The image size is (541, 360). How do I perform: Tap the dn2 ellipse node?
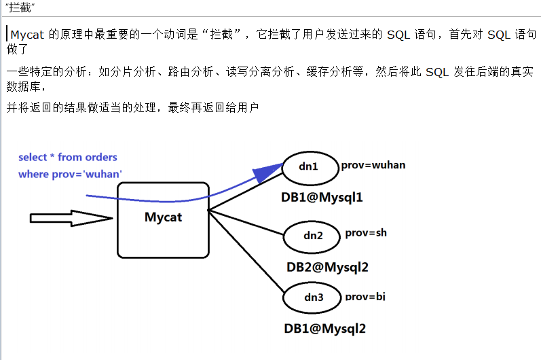coord(313,236)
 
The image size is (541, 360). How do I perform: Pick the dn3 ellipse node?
coord(313,297)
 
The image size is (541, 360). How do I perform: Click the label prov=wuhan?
coord(373,165)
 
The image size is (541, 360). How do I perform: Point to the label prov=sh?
coord(366,233)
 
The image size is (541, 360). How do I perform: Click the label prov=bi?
coord(365,296)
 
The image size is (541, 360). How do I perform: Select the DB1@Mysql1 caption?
coord(322,198)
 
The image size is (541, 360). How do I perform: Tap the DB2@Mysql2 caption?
coord(327,267)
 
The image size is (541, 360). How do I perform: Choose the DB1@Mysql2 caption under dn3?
coord(324,329)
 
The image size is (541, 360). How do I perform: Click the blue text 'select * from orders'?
coord(68,157)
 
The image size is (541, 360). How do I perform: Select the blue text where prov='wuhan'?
coord(70,175)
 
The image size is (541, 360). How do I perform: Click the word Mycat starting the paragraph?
coord(27,35)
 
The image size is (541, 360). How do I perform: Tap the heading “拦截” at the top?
coord(20,7)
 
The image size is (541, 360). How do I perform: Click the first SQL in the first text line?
coord(398,35)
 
